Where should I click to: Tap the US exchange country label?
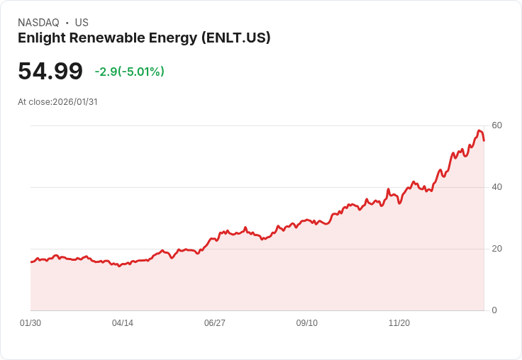click(x=82, y=23)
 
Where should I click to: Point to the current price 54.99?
click(x=50, y=72)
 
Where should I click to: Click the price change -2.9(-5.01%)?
click(x=129, y=72)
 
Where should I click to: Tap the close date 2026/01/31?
click(x=74, y=102)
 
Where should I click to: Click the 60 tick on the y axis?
click(x=497, y=125)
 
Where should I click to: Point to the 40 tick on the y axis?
click(x=497, y=187)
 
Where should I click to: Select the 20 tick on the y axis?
click(x=497, y=249)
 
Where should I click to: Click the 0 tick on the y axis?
click(x=494, y=310)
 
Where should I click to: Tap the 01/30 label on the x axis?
click(x=30, y=323)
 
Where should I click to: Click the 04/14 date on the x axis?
click(x=123, y=323)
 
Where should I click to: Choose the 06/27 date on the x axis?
click(x=215, y=323)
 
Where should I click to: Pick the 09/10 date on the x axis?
click(x=307, y=323)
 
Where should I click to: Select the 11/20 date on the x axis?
click(x=399, y=323)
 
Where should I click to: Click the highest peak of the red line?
click(x=480, y=130)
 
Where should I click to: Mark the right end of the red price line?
click(x=484, y=140)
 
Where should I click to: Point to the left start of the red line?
click(x=31, y=262)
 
